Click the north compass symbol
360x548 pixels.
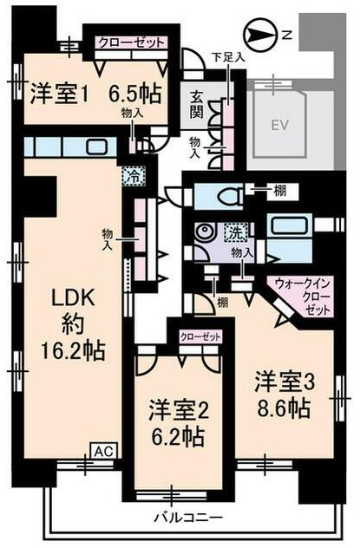pyautogui.click(x=260, y=35)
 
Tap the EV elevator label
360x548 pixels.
pyautogui.click(x=279, y=125)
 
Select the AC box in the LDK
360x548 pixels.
pyautogui.click(x=104, y=451)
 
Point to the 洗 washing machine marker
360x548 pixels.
pyautogui.click(x=237, y=232)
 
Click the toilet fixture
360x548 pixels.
pyautogui.click(x=231, y=197)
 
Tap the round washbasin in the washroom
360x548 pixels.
pyautogui.click(x=202, y=232)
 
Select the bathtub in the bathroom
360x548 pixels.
pyautogui.click(x=289, y=225)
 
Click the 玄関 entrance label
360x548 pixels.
pyautogui.click(x=197, y=105)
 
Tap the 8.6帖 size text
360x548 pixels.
pyautogui.click(x=284, y=408)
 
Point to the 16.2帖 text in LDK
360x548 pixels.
pyautogui.click(x=73, y=351)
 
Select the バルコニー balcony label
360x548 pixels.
pyautogui.click(x=188, y=517)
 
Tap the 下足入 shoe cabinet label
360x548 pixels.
pyautogui.click(x=229, y=57)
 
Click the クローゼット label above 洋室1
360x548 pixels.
pyautogui.click(x=131, y=42)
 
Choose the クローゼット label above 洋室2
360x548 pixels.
pyautogui.click(x=200, y=336)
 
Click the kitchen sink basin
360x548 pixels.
pyautogui.click(x=97, y=147)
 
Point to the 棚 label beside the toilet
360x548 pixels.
pyautogui.click(x=280, y=191)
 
